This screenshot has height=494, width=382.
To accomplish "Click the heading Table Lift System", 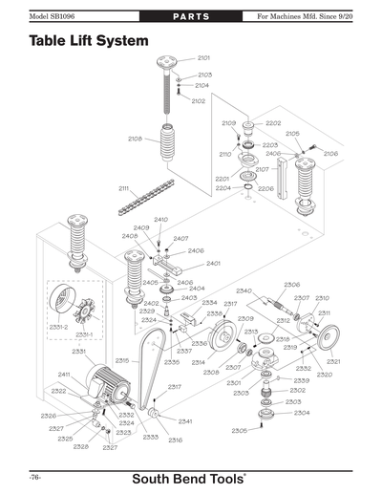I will pos(88,42).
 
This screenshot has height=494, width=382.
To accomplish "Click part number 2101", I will pos(203,59).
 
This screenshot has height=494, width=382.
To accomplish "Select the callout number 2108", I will pos(136,140).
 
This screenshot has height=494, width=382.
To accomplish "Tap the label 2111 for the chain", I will pos(124,188).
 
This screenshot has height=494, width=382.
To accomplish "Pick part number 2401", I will pos(213,263).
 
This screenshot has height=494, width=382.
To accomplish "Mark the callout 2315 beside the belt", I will pos(122,360).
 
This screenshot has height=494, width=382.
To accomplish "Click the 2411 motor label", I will pos(64,374).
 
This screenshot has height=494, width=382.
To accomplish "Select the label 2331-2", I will pos(58,327).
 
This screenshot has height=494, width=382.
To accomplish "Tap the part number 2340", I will pos(244,290).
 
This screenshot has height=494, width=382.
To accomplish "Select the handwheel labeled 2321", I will pos(330,339).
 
